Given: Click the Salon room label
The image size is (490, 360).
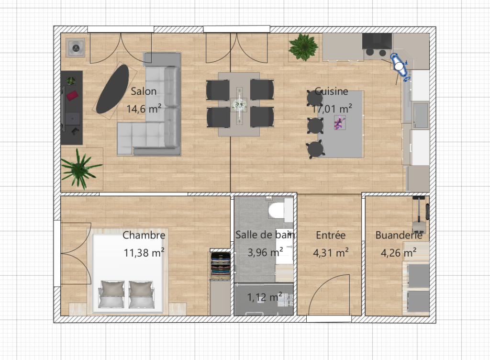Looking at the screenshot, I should (144, 91).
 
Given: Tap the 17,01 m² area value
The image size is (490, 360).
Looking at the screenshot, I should (332, 109).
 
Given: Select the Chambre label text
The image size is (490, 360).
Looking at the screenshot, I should (144, 235).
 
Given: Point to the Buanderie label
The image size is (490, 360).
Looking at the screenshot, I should (399, 235).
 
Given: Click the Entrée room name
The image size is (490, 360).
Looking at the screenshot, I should (331, 235).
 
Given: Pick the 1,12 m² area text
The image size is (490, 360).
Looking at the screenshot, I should (265, 297).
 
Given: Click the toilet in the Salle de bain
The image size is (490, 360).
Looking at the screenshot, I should (277, 210).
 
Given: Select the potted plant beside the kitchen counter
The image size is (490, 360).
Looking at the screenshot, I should (303, 46).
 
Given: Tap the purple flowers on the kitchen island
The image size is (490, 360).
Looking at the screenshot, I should (339, 124).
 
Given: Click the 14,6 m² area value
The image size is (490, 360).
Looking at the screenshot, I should (144, 109).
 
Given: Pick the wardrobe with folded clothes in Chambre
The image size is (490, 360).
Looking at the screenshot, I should (221, 265).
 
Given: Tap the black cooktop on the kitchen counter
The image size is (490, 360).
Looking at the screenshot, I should (377, 45).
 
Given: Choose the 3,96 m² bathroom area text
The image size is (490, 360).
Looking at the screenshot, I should (265, 252).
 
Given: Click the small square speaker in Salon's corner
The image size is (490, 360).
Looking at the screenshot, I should (76, 47).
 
